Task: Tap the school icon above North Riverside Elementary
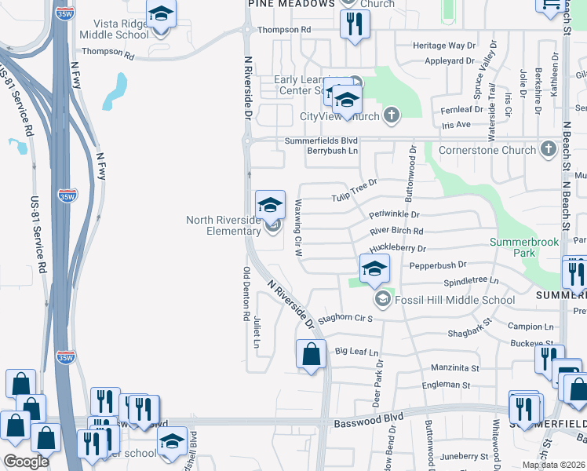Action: point(270,205)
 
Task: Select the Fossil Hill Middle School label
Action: point(454,300)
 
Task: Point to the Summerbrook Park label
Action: point(523,247)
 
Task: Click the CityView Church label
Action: point(341,116)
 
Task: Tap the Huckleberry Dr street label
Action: point(398,248)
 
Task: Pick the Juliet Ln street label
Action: point(257,333)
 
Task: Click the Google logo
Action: point(26,462)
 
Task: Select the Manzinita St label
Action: point(455,367)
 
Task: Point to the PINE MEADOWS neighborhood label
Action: point(291,4)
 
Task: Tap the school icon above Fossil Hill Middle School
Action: point(375,268)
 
